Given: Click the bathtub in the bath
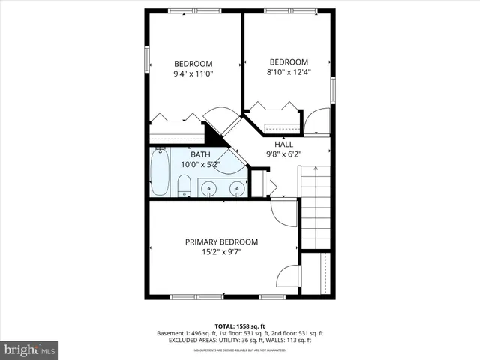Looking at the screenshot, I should tap(160, 173).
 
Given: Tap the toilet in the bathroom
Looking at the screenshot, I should tap(184, 185).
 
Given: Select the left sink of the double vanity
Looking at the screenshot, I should tap(208, 187).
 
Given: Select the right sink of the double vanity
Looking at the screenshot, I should tap(236, 187).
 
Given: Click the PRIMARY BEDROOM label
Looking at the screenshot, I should tap(221, 241).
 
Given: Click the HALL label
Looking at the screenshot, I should tap(283, 145).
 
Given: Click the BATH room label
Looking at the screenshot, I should tap(189, 154).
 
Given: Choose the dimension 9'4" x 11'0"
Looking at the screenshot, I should tap(193, 75).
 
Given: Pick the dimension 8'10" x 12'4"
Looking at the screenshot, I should tap(289, 73).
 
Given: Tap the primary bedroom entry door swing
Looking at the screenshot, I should tap(283, 213).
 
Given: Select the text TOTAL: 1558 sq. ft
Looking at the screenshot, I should tap(239, 326).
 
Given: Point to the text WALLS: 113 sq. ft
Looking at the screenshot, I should tap(296, 340).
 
